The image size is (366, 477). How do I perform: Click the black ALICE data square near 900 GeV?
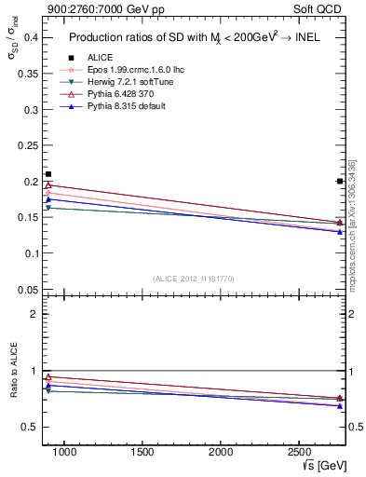click(x=48, y=174)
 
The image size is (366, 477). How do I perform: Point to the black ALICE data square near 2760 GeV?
click(x=339, y=181)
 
